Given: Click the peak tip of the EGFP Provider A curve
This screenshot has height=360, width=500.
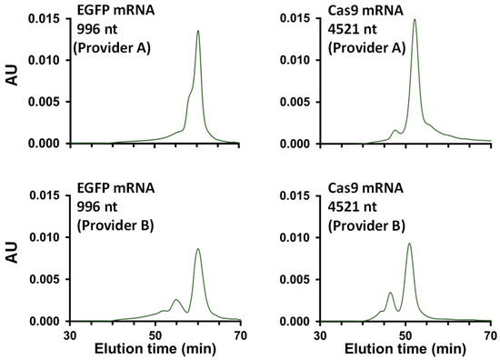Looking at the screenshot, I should tap(198, 31).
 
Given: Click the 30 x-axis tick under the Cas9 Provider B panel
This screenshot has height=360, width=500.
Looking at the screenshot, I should tap(321, 334).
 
